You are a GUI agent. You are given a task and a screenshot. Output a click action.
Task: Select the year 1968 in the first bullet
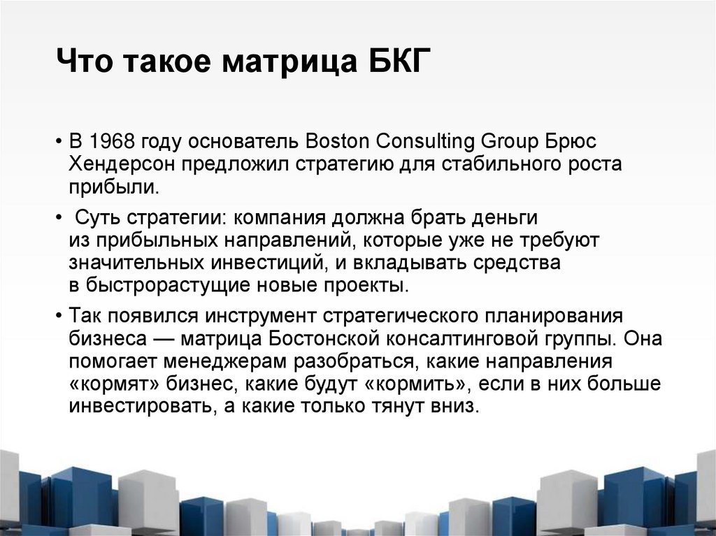point(113,141)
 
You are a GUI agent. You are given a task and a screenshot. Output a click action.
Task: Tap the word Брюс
point(572,141)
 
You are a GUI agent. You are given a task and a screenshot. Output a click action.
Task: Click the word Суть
point(96,217)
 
